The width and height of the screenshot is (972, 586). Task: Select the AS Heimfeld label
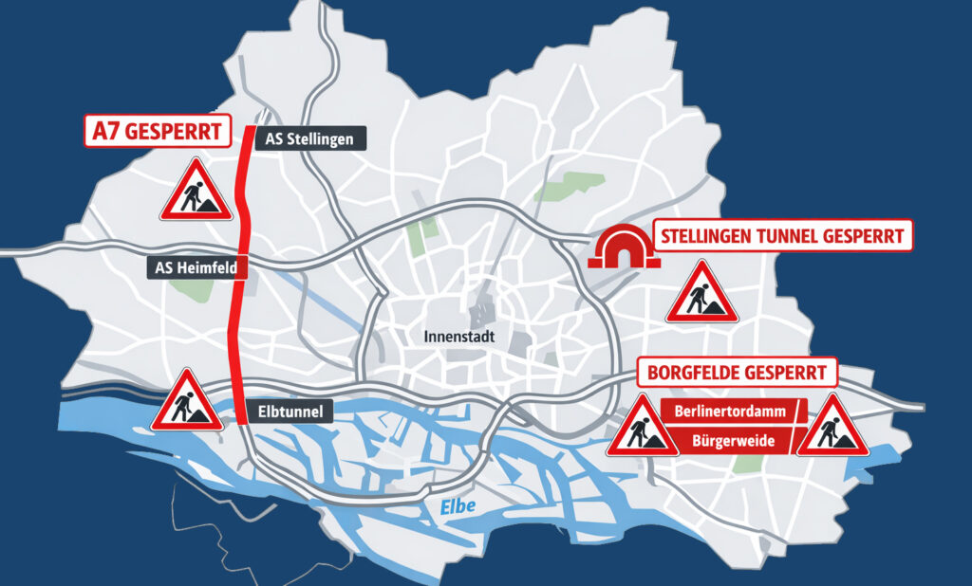click(197, 268)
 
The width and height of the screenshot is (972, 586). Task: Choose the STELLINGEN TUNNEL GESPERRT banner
click(783, 236)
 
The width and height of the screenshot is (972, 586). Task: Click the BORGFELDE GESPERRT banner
click(736, 372)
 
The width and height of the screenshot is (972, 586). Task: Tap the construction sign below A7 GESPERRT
click(196, 191)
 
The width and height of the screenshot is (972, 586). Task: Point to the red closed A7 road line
click(239, 284)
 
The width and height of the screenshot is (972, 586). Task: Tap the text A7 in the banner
click(104, 131)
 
